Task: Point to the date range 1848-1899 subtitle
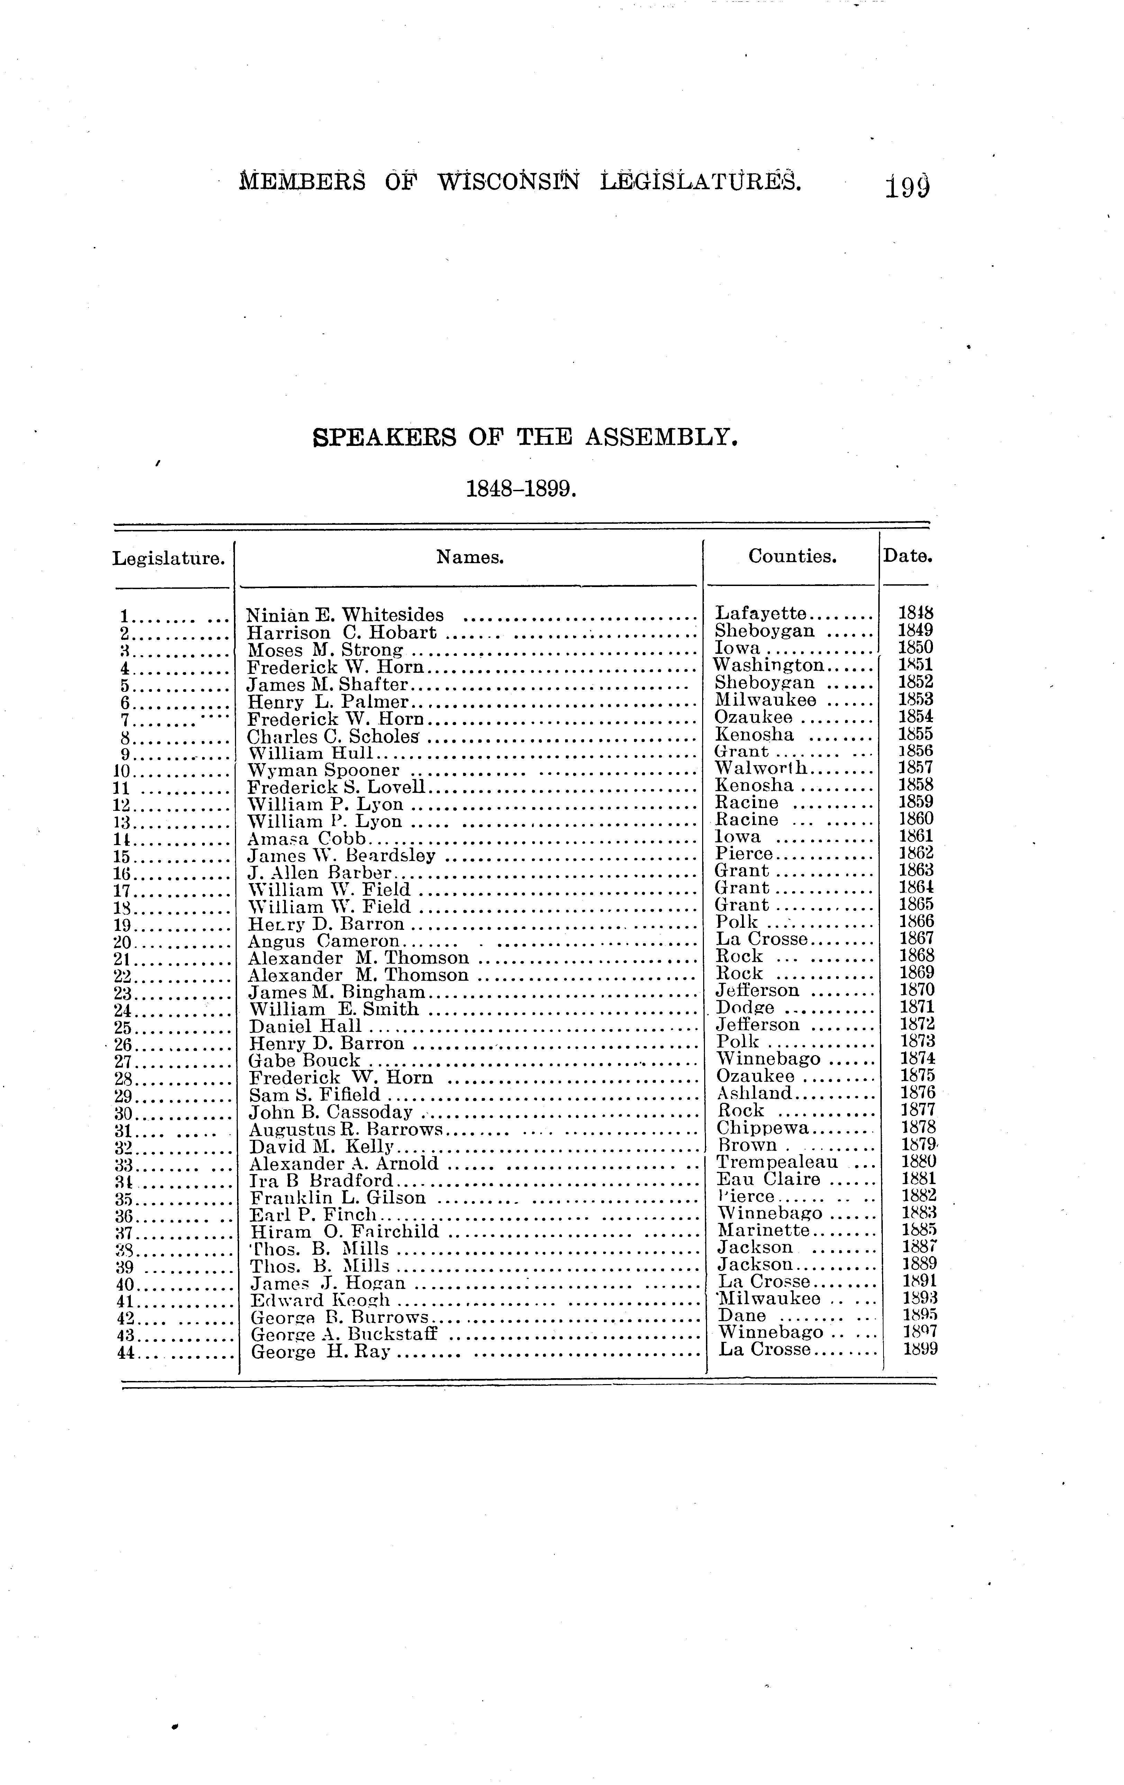(520, 488)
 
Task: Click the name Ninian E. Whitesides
(345, 614)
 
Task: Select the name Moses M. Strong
(325, 650)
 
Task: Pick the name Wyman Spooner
(323, 770)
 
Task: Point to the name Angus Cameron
(323, 941)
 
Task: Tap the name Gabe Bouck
(304, 1060)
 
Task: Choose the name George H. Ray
(320, 1351)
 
